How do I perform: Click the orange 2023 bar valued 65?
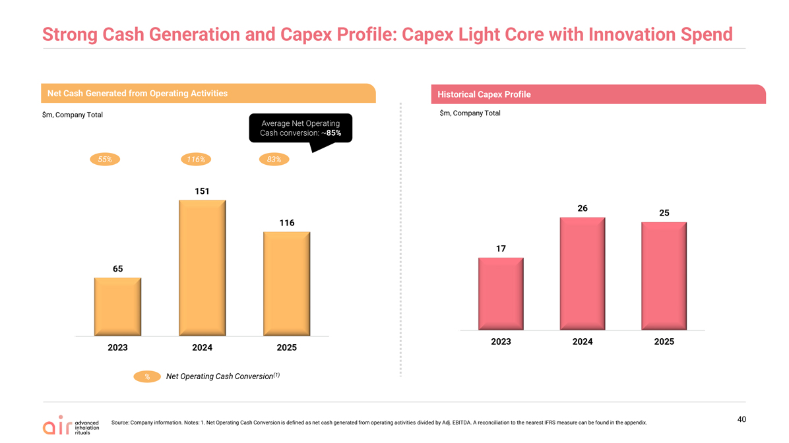117,307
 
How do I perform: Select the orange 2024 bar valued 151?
203,268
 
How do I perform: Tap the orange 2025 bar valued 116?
287,283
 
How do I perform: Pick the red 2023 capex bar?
501,294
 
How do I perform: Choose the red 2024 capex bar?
583,274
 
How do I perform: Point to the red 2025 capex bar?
664,276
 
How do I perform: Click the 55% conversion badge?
105,160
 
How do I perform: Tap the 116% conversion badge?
196,160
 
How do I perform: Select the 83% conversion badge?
274,160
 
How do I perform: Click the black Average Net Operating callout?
300,129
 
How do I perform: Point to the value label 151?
203,191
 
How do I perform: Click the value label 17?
501,249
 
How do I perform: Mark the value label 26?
583,208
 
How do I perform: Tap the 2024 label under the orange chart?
203,347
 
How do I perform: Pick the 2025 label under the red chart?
664,341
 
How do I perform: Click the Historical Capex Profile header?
598,94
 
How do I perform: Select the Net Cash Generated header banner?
208,93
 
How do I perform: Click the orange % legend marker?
147,376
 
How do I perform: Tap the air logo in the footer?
71,425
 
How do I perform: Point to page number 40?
742,419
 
